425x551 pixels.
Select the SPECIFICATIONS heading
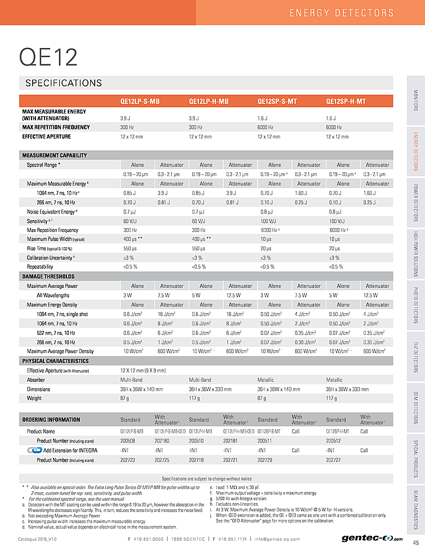[x=64, y=84]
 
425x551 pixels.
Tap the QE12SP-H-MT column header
[x=346, y=102]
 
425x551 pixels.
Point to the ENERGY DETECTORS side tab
[x=415, y=151]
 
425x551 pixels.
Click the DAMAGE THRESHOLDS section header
[x=48, y=276]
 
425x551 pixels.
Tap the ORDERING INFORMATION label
[x=51, y=420]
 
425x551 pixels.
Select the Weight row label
[x=34, y=399]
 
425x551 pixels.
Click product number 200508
[x=128, y=440]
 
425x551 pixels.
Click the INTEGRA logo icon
[x=34, y=450]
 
